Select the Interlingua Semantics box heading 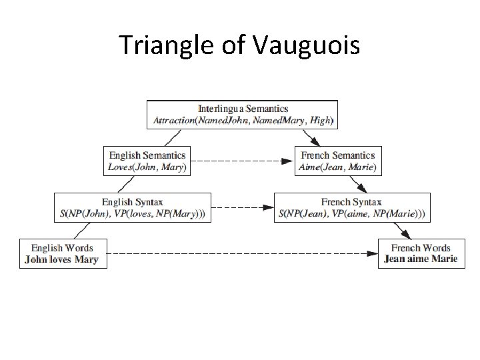pos(243,108)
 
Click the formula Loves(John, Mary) pos(147,168)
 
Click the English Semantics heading pos(147,156)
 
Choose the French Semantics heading pos(339,156)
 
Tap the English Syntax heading pos(132,202)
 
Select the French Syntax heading pos(351,202)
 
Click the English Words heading pos(61,248)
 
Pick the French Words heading pos(421,248)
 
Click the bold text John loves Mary pos(61,260)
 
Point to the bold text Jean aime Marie pos(421,259)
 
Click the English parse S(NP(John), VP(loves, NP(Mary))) pos(132,214)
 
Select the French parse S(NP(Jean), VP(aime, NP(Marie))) pos(351,214)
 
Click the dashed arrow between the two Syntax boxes pos(243,208)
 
